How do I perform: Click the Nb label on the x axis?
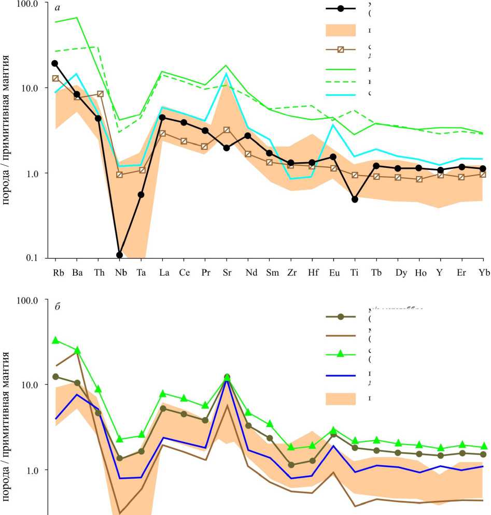(120, 273)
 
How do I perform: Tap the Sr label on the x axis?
(226, 273)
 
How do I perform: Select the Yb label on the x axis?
(483, 273)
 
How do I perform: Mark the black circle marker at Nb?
(120, 255)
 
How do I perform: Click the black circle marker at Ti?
(355, 199)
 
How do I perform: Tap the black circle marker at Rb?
(55, 63)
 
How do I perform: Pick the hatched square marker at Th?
(100, 94)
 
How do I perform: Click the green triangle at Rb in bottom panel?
(55, 340)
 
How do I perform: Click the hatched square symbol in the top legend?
(341, 50)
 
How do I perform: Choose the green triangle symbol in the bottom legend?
(341, 354)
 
